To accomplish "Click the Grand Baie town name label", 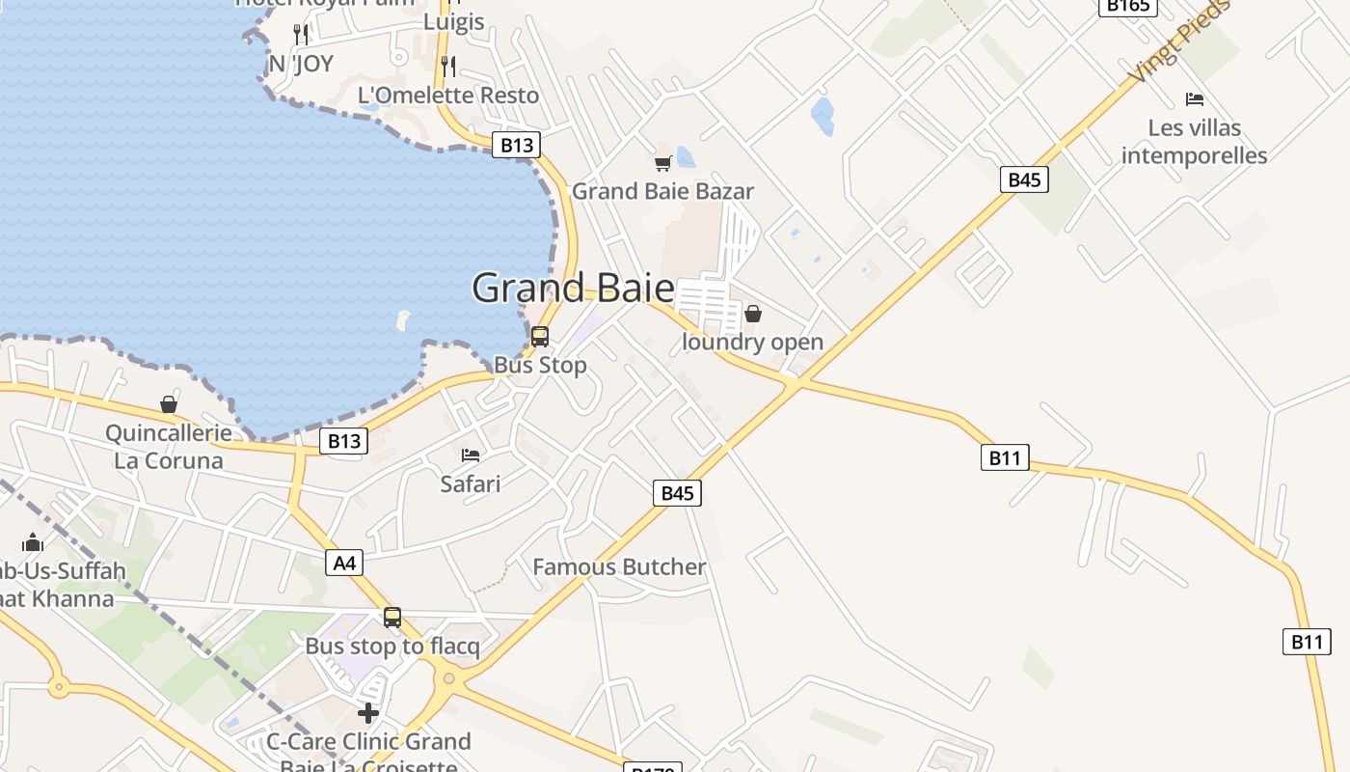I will pyautogui.click(x=573, y=288).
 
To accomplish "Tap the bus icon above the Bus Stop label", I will pyautogui.click(x=540, y=337).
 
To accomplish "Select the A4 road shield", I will pyautogui.click(x=344, y=563).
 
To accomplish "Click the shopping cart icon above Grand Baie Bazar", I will pyautogui.click(x=662, y=164).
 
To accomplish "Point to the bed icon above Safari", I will pyautogui.click(x=471, y=455).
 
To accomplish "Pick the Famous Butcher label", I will pyautogui.click(x=619, y=566).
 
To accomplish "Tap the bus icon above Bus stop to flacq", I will pyautogui.click(x=392, y=618).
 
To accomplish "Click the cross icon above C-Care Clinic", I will pyautogui.click(x=368, y=714).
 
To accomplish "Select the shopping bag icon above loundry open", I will pyautogui.click(x=753, y=314).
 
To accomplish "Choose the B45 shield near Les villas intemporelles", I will pyautogui.click(x=1024, y=179).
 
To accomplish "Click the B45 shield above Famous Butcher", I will pyautogui.click(x=677, y=493).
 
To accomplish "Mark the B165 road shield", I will pyautogui.click(x=1127, y=6).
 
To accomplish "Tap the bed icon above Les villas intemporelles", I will pyautogui.click(x=1195, y=99).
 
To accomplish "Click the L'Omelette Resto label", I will pyautogui.click(x=448, y=96).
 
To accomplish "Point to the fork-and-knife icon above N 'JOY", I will pyautogui.click(x=301, y=35).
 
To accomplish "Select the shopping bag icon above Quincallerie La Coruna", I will pyautogui.click(x=169, y=404).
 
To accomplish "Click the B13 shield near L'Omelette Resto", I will pyautogui.click(x=516, y=146).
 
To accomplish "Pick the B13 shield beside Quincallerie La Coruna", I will pyautogui.click(x=343, y=442).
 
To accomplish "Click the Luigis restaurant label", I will pyautogui.click(x=454, y=21).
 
